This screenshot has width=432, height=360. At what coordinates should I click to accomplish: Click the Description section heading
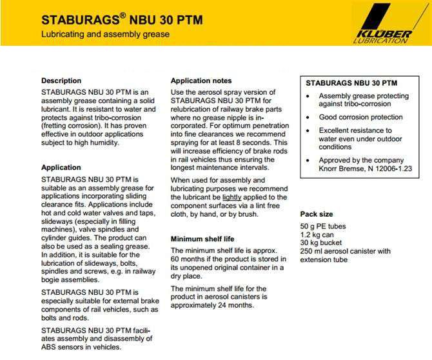pos(61,81)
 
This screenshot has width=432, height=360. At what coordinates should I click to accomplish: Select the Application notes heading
pos(201,81)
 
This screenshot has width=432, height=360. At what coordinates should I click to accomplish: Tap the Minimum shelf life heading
pos(202,239)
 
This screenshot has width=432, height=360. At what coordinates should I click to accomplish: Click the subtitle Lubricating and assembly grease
pos(105,34)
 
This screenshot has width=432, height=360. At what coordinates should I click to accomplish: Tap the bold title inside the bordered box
pos(351,83)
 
